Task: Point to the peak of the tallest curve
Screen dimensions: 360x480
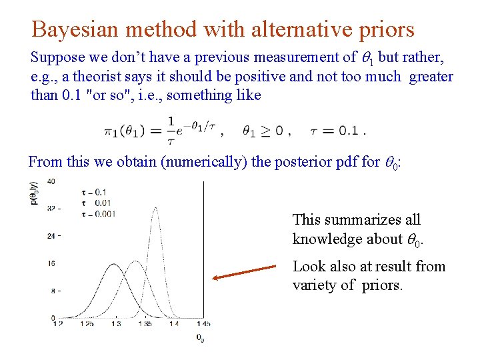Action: coord(156,208)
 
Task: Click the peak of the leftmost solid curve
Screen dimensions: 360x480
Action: coord(116,270)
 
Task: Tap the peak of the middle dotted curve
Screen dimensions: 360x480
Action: coord(136,261)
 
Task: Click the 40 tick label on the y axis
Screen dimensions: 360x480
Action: coord(51,181)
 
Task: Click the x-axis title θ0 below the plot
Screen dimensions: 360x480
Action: coord(201,339)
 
